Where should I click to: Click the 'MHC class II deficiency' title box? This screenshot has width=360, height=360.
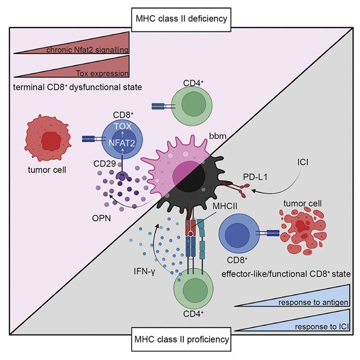pyautogui.click(x=180, y=19)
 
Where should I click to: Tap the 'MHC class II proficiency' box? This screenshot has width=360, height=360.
pyautogui.click(x=180, y=339)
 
